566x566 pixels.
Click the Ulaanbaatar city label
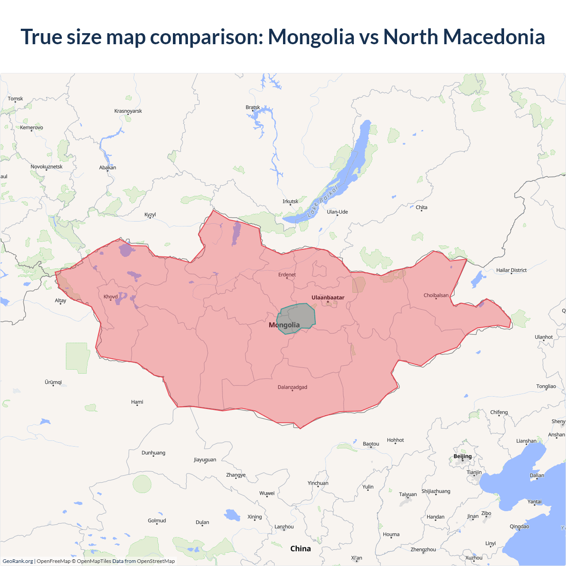tap(328, 298)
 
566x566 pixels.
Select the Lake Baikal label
tap(322, 201)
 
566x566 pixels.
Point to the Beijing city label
tap(463, 456)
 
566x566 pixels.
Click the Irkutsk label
tap(291, 202)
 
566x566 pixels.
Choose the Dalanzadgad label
tap(292, 387)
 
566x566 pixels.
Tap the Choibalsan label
tap(436, 295)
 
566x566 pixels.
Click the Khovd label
tap(111, 297)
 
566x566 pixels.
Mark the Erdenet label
tap(287, 275)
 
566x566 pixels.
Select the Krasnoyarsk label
tap(128, 111)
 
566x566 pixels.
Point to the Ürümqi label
tap(54, 382)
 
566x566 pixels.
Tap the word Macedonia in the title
tap(494, 37)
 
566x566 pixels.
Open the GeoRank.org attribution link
tap(18, 561)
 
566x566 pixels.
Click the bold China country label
tap(301, 549)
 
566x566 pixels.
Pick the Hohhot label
tap(395, 440)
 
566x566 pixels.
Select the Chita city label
tap(421, 207)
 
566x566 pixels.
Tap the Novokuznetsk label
tap(46, 167)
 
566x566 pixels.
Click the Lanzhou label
tap(284, 527)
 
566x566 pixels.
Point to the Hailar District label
tap(511, 270)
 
